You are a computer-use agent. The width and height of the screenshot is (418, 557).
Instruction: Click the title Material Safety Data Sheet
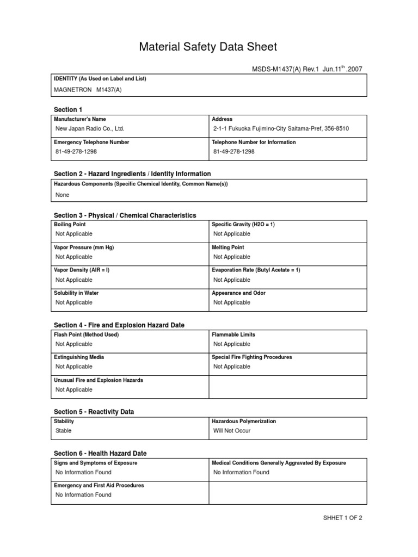[208, 47]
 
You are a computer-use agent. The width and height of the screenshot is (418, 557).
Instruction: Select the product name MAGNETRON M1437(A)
[88, 90]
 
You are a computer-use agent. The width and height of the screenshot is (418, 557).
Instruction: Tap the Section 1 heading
[68, 110]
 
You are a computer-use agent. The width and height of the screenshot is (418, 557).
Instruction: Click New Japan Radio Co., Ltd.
[90, 129]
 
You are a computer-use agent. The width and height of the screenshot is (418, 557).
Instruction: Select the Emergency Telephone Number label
[91, 142]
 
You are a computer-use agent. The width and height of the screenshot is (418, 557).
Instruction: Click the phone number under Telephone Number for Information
[234, 152]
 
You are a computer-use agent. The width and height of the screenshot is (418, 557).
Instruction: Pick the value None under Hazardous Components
[63, 195]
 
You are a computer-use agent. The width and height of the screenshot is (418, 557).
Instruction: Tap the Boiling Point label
[70, 224]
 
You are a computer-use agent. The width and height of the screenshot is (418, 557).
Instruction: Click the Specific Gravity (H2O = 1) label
[243, 224]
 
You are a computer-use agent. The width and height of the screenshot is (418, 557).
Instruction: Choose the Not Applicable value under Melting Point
[232, 257]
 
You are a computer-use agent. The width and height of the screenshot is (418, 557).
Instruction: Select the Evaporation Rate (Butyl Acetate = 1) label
[256, 270]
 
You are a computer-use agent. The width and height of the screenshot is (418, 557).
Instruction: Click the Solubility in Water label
[77, 293]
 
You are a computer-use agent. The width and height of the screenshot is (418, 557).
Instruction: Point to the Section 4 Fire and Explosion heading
[119, 325]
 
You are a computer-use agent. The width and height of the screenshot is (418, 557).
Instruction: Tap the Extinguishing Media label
[79, 357]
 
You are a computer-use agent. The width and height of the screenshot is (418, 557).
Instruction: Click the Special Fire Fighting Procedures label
[251, 357]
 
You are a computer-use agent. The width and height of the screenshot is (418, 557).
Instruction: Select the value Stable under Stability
[64, 431]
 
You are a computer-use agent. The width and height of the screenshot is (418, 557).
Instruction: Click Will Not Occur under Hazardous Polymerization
[232, 431]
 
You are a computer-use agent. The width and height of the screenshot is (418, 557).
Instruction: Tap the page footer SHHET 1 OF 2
[342, 518]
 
